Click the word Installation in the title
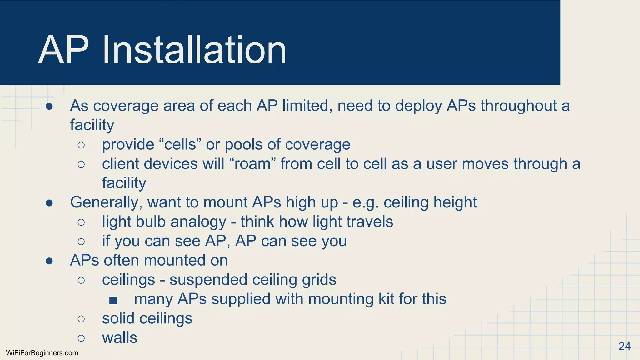[194, 50]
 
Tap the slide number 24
[624, 347]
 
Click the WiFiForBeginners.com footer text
[42, 353]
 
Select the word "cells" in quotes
[180, 144]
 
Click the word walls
[119, 338]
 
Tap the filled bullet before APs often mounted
[49, 261]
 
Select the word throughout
[518, 106]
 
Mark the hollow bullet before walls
[81, 338]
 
